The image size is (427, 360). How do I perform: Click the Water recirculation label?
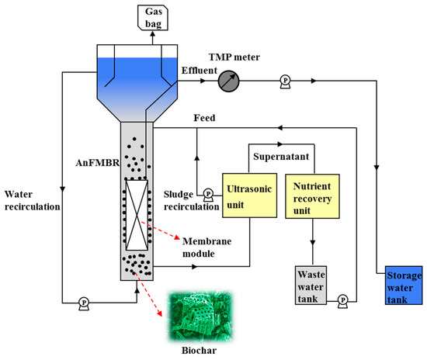pyautogui.click(x=30, y=200)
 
